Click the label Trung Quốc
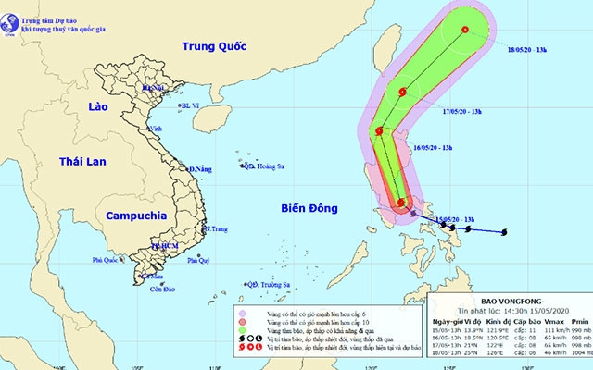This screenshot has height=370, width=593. (218, 46)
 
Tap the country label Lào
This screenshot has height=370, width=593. (96, 107)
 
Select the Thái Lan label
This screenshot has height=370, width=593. (82, 162)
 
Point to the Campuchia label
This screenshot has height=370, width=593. (136, 215)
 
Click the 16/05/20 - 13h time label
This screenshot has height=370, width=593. (433, 147)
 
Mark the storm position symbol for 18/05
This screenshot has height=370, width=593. (464, 31)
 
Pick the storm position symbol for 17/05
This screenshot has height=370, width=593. (403, 92)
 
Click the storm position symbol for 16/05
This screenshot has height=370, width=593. (379, 132)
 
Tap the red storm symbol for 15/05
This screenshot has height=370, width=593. (401, 203)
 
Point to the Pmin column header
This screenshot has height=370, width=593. (568, 321)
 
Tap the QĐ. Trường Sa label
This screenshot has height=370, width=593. (269, 285)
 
